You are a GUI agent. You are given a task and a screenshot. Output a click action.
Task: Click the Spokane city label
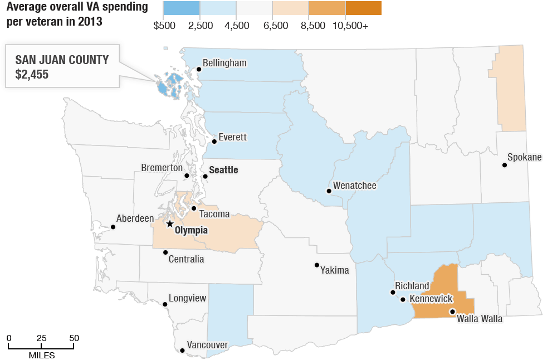point(525,157)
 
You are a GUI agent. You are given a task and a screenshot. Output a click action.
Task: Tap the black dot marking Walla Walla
point(452,312)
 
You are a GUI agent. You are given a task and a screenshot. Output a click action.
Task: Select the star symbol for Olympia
point(170,224)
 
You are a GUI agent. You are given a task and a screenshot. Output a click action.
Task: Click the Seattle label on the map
point(223,170)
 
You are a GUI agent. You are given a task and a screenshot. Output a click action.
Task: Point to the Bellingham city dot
point(199,70)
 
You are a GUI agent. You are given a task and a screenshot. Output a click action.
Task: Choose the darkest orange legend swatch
point(363,8)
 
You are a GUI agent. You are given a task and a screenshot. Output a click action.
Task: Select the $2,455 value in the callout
point(32,74)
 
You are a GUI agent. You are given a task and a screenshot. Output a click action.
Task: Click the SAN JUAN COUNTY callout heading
point(62,60)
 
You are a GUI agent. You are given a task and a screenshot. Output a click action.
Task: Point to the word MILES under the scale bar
point(42,354)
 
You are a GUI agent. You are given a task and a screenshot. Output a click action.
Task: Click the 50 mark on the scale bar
point(74,338)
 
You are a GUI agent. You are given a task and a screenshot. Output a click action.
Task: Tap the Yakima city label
point(335,270)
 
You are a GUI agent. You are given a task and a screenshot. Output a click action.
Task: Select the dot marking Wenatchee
point(329,191)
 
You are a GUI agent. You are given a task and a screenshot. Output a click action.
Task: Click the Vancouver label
point(207,345)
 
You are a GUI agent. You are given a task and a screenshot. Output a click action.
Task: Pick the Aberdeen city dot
point(113,227)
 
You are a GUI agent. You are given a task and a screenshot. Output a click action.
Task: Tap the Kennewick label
point(431,299)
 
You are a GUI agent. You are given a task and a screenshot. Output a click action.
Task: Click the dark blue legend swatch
point(181,8)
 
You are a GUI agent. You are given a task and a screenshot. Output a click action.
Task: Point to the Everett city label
point(232,137)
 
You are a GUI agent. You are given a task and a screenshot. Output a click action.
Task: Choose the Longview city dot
point(165,304)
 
